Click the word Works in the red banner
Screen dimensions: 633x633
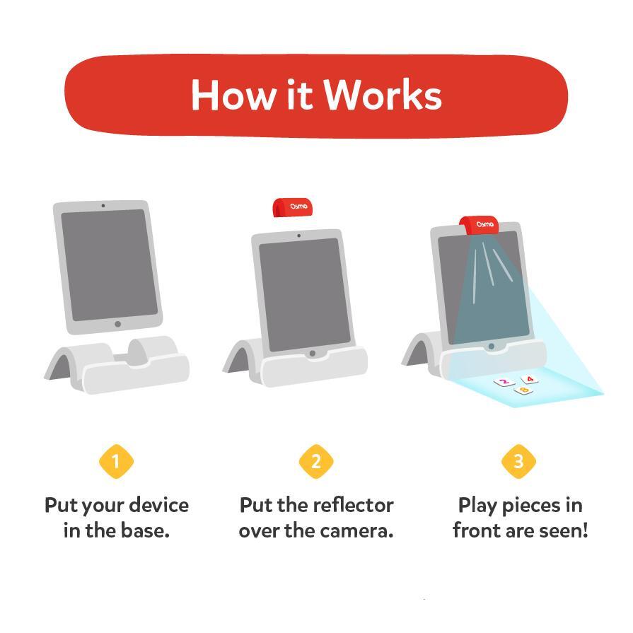coord(383,95)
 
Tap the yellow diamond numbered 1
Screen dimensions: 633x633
coord(116,462)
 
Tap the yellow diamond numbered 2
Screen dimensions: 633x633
coord(315,462)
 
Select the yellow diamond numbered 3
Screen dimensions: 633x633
coord(518,462)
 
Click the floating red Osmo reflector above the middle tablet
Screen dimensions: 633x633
coord(293,207)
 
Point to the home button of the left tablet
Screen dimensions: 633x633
coord(117,325)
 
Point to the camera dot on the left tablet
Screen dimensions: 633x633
coord(103,206)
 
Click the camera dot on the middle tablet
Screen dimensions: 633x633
coord(298,236)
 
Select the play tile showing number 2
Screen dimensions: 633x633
coord(504,383)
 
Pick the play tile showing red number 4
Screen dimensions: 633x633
coord(529,380)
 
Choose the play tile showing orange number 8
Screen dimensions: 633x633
coord(523,390)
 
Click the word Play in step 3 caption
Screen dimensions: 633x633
coord(478,506)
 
